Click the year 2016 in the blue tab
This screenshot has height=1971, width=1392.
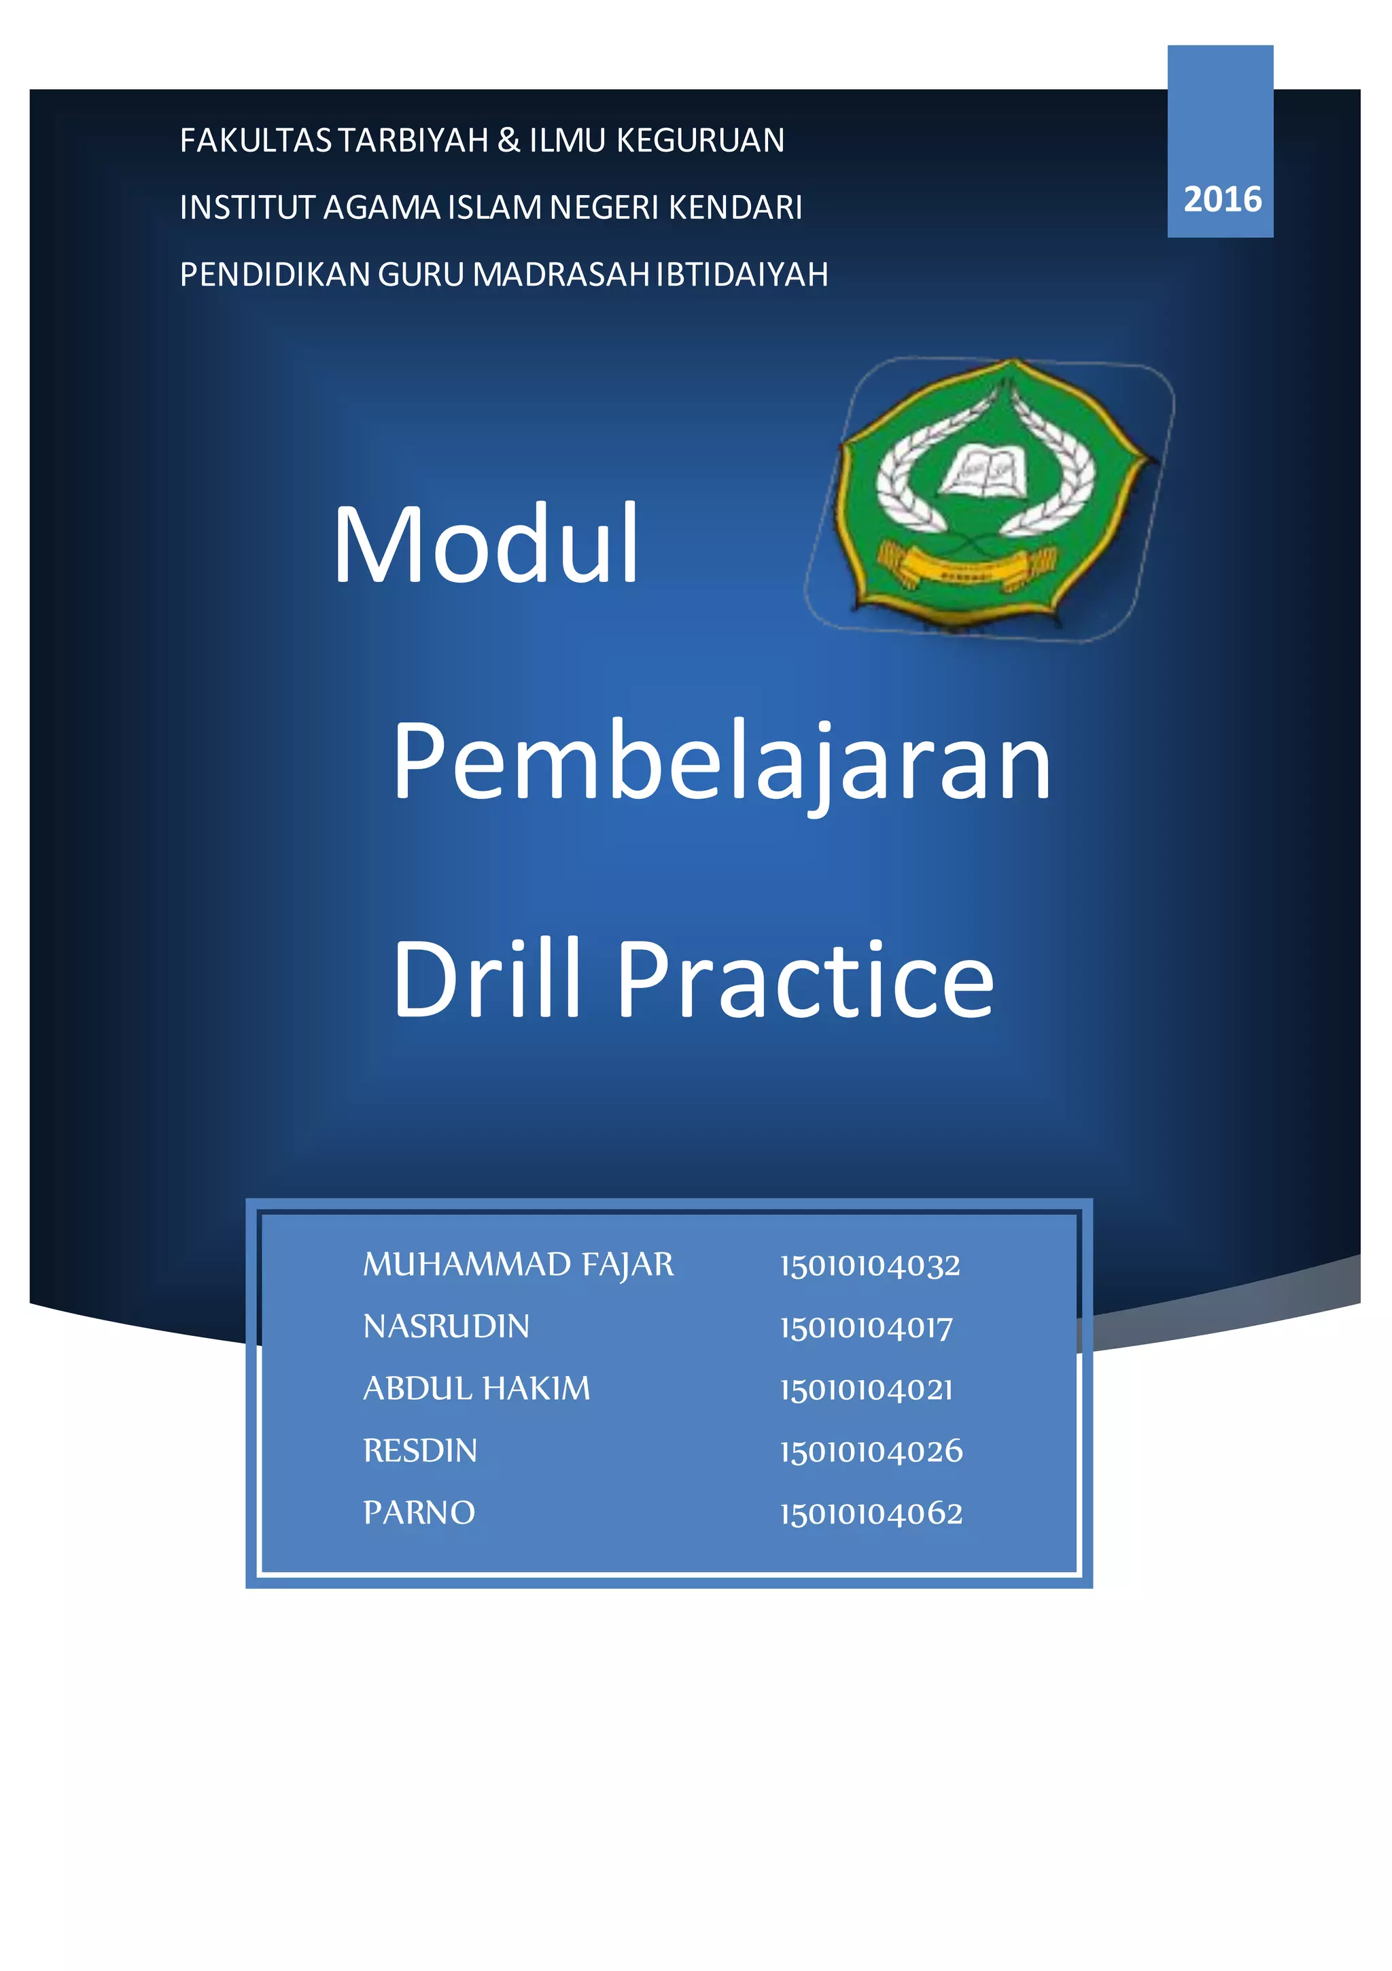click(x=1221, y=199)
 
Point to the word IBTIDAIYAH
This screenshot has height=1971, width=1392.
click(x=742, y=274)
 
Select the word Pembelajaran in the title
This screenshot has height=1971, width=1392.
click(x=721, y=761)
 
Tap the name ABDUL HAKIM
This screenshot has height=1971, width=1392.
click(x=476, y=1388)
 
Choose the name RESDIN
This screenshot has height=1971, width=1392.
click(x=419, y=1450)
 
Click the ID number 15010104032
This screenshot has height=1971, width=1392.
click(x=869, y=1265)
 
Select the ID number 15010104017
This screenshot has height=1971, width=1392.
click(x=866, y=1327)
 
